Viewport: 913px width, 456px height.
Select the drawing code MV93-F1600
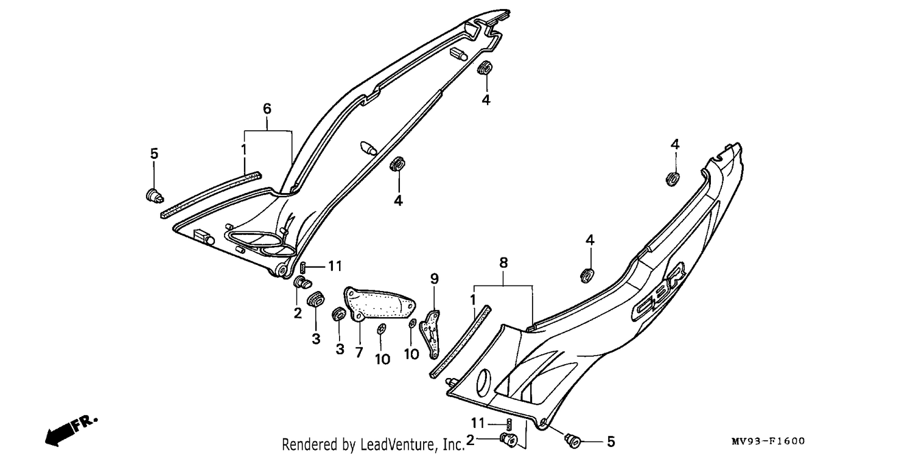point(768,441)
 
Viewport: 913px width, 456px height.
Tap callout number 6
point(267,109)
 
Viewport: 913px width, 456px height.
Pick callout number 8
point(503,263)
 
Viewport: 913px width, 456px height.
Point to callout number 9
point(435,279)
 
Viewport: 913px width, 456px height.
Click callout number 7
point(359,352)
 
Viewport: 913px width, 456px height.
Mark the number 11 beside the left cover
point(335,266)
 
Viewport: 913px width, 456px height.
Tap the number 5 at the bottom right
point(610,441)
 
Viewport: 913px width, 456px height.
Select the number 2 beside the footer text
point(470,440)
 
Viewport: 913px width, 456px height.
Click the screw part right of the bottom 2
point(509,441)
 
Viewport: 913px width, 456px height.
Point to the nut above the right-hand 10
point(412,323)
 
